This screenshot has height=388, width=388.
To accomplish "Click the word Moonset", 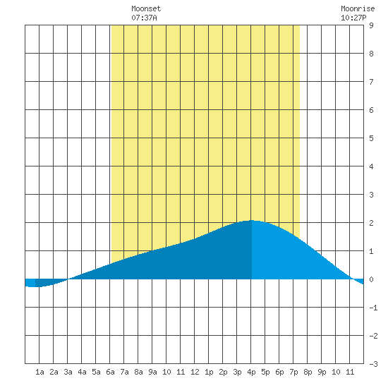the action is pyautogui.click(x=146, y=8).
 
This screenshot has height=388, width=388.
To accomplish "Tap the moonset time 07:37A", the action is pyautogui.click(x=144, y=18).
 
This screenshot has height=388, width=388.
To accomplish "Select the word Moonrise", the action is pyautogui.click(x=358, y=8).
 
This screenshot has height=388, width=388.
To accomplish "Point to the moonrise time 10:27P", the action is pyautogui.click(x=353, y=18).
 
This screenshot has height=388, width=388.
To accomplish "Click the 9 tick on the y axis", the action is pyautogui.click(x=371, y=25).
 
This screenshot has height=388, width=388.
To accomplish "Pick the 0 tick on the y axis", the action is pyautogui.click(x=371, y=279).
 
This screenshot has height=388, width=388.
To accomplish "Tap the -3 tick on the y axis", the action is pyautogui.click(x=373, y=364).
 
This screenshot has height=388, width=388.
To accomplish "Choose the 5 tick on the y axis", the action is pyautogui.click(x=371, y=138).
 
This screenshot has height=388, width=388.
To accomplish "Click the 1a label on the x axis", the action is pyautogui.click(x=40, y=372).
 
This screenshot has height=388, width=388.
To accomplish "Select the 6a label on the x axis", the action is pyautogui.click(x=110, y=372).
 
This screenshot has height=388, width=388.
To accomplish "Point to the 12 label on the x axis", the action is pyautogui.click(x=195, y=372).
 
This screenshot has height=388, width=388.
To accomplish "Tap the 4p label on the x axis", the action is pyautogui.click(x=251, y=372).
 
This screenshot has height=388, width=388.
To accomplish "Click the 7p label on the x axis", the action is pyautogui.click(x=293, y=372).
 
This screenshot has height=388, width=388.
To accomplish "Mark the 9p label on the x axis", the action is pyautogui.click(x=322, y=372).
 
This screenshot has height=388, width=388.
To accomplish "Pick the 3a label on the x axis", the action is pyautogui.click(x=68, y=372).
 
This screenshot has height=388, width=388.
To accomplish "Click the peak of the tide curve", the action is pyautogui.click(x=251, y=220).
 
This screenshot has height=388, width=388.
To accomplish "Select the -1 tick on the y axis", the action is pyautogui.click(x=373, y=308).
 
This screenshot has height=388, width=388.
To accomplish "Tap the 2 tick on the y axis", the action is pyautogui.click(x=371, y=223).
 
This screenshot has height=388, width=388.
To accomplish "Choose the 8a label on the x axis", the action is pyautogui.click(x=138, y=372).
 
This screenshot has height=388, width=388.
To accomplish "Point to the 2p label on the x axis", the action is pyautogui.click(x=223, y=372).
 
